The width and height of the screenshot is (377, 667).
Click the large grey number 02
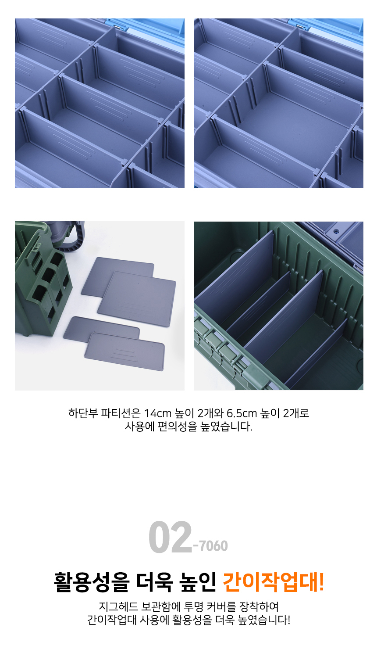170,537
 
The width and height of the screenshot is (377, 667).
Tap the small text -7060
210,545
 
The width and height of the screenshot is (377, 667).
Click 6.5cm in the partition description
242,413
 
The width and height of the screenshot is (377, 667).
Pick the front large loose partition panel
137,299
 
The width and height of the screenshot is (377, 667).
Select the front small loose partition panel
124,351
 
